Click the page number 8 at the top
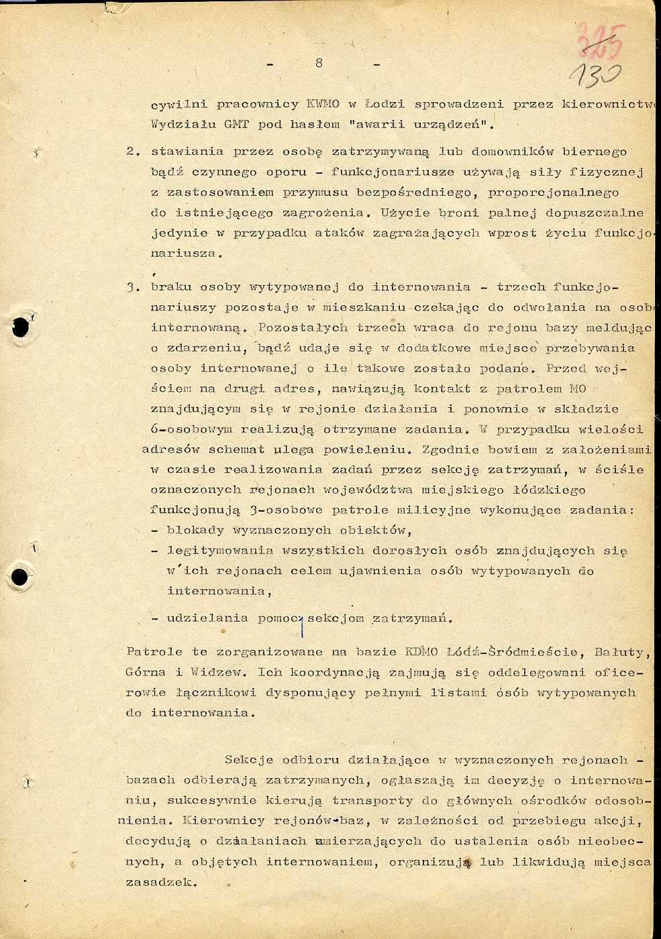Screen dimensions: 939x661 (x=319, y=62)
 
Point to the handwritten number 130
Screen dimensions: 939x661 (x=595, y=76)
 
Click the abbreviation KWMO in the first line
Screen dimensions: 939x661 (x=323, y=105)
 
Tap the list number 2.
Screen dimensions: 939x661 (x=132, y=152)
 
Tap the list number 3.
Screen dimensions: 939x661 (x=132, y=288)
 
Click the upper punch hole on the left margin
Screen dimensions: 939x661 (x=21, y=327)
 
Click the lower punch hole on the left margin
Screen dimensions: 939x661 (x=21, y=577)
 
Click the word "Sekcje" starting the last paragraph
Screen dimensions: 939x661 (x=249, y=760)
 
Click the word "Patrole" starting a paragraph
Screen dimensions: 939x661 (x=154, y=652)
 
